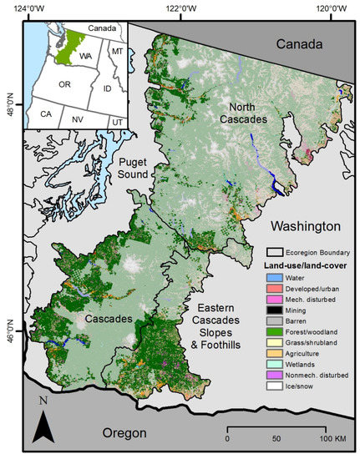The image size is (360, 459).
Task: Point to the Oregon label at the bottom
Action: pos(122,433)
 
